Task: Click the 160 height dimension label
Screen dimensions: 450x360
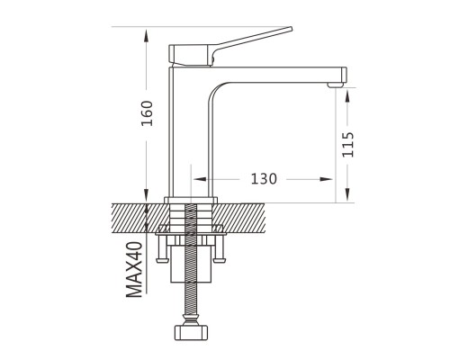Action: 148,113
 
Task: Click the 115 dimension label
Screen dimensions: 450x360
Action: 348,144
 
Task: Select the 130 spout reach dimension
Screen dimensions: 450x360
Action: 264,179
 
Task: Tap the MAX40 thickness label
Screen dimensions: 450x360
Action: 134,269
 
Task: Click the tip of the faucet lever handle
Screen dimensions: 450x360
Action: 291,28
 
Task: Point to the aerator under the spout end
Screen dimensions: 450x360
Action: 336,85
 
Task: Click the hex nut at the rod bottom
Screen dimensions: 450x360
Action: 191,333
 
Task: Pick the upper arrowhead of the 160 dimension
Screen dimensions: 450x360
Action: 146,35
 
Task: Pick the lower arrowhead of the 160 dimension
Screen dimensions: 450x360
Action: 146,195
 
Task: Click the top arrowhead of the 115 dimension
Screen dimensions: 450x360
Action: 347,96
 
